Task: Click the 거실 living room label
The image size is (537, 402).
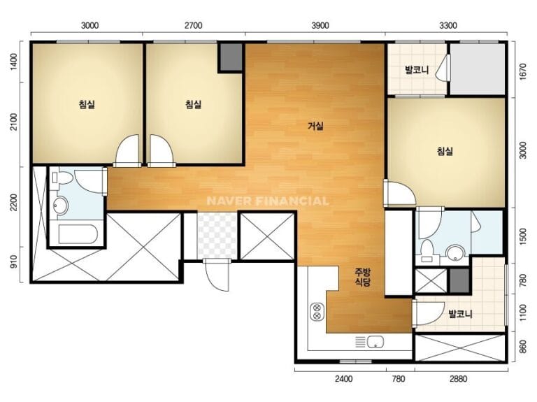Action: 315,126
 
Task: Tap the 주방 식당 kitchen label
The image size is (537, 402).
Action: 362,277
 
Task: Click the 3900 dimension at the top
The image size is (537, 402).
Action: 320,26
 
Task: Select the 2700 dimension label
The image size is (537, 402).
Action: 193,26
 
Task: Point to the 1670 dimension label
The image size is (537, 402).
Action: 523,71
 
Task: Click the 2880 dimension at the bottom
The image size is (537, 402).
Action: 458,379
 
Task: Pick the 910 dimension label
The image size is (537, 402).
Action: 14,262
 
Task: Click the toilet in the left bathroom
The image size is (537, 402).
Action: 62,178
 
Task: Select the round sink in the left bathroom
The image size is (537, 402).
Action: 61,206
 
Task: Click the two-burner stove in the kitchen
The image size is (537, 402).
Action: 317,311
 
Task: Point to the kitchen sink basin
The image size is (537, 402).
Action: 375,342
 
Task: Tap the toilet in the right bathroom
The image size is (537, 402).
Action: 427,251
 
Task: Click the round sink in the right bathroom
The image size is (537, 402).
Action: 454,253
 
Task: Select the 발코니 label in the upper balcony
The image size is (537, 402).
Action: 417,71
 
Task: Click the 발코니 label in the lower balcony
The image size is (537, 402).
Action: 461,314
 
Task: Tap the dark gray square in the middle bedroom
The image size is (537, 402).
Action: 231,57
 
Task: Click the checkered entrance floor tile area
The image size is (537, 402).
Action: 217,236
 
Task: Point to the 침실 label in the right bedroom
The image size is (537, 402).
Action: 445,151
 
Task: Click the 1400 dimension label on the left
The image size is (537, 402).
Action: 14,62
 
